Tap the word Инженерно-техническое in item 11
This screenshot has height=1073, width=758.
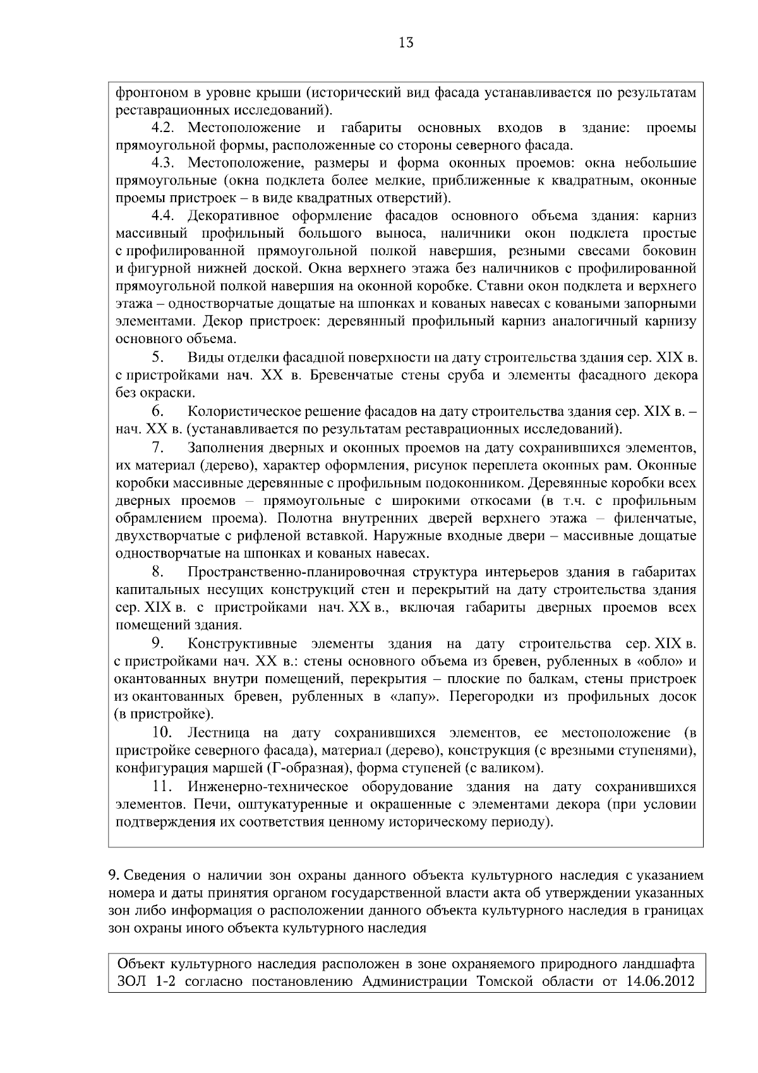(x=268, y=787)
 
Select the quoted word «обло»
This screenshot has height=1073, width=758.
(x=657, y=662)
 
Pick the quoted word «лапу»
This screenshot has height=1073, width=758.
(x=405, y=696)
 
